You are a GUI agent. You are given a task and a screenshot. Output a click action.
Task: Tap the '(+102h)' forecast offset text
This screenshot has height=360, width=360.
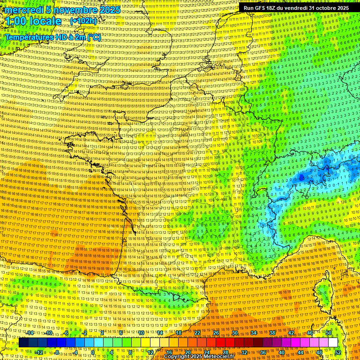point(84,21)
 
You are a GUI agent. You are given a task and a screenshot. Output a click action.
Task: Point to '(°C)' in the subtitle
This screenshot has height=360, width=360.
point(92,37)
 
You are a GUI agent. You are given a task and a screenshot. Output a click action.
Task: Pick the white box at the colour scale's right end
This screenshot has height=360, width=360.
point(333,343)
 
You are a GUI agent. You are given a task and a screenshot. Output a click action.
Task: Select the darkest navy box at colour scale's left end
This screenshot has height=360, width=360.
point(23,343)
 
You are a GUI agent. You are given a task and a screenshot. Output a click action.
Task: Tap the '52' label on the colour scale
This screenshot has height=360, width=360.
point(338,352)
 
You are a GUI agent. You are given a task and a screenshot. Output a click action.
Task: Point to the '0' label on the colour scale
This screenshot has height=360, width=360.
point(93,352)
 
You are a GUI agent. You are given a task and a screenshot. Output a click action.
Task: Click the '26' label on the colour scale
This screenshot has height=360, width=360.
point(216,333)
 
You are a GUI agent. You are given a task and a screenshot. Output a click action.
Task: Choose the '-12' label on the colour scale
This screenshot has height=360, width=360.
point(39,352)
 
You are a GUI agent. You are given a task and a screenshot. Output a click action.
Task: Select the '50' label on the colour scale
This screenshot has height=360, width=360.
point(329,333)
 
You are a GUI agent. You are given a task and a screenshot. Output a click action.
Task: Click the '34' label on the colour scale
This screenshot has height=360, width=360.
point(254,333)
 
